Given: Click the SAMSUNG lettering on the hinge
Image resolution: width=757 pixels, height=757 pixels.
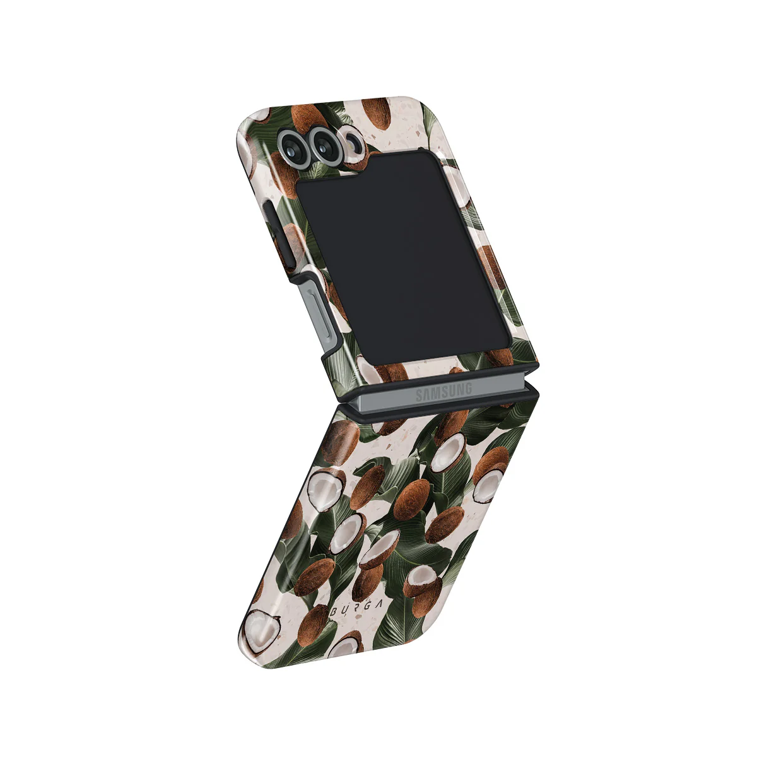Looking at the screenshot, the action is [444, 392].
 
